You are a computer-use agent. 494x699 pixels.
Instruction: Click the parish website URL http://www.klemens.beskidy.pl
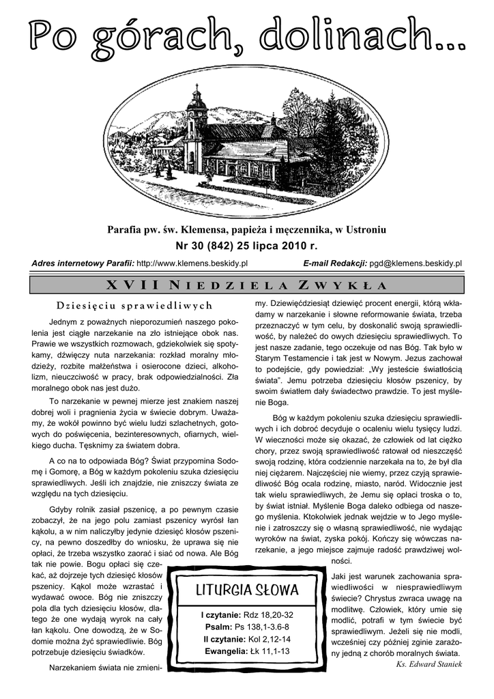[192, 263]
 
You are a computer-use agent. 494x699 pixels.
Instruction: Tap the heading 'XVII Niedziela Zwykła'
[247, 285]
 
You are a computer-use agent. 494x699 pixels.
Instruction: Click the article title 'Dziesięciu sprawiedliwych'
[134, 305]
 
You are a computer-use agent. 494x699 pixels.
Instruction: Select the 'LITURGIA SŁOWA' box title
[247, 589]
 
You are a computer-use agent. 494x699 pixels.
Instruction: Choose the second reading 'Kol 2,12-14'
[267, 639]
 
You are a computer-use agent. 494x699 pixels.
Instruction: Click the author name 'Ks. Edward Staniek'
[429, 665]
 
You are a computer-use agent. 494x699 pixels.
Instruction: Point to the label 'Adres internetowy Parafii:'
[83, 263]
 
